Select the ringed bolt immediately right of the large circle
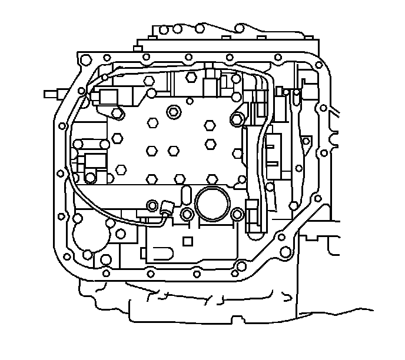[237, 215]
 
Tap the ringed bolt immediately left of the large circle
[187, 215]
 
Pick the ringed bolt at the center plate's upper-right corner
[237, 120]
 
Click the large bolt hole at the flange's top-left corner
[85, 59]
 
